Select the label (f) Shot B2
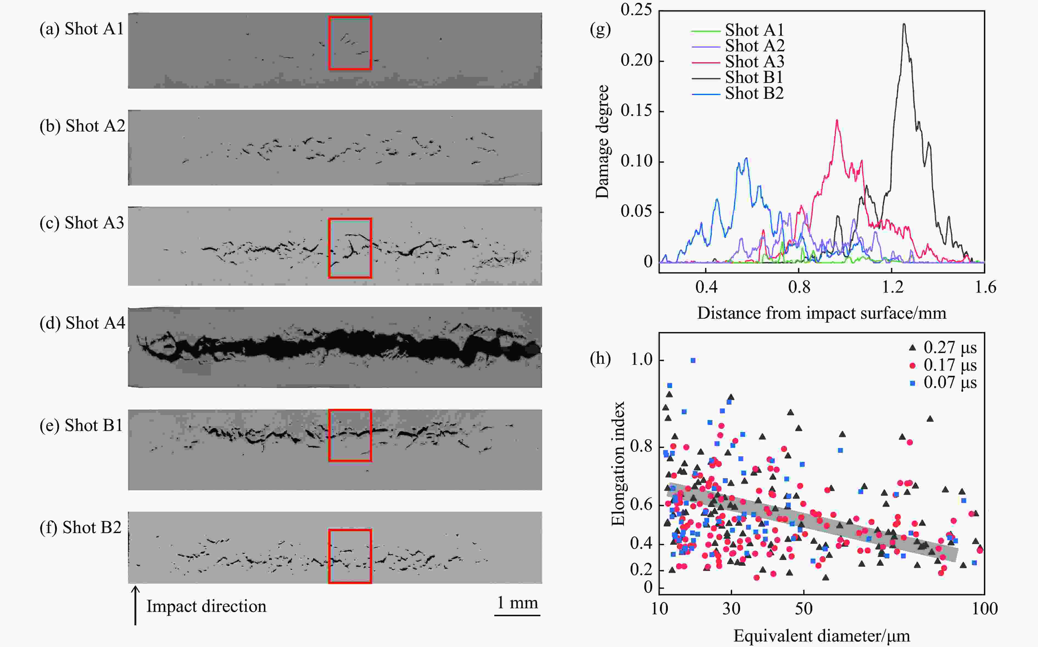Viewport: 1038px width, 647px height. (x=80, y=528)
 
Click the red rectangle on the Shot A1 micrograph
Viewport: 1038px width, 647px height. (x=350, y=43)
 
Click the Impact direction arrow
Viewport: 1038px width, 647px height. (x=135, y=606)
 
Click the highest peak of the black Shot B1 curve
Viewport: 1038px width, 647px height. (x=904, y=24)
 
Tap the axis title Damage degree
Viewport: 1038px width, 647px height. (x=602, y=141)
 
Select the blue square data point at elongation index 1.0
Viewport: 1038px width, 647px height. (x=693, y=360)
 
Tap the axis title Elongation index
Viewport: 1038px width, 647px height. (x=618, y=463)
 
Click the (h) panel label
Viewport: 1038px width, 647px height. (x=600, y=358)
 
